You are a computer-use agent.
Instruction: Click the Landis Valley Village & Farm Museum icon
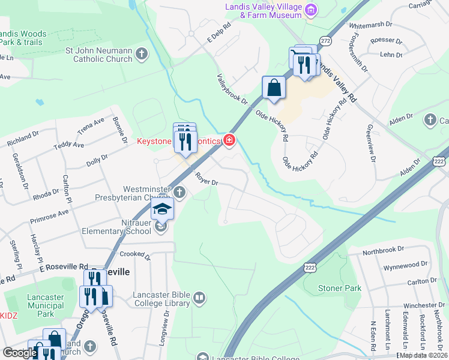(311, 10)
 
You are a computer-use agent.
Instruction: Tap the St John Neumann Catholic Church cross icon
(142, 55)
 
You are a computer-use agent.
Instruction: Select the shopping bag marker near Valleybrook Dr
(274, 88)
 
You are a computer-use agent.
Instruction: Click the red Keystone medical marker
(229, 141)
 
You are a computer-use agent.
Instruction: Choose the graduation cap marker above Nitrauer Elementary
(161, 209)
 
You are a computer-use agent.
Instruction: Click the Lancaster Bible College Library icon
(200, 297)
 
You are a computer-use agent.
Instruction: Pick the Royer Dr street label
(205, 179)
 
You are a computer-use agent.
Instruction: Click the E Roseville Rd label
(63, 267)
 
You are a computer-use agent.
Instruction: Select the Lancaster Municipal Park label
(46, 305)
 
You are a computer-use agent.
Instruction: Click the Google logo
(19, 353)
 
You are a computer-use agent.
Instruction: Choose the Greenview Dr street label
(371, 145)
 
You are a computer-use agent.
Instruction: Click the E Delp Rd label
(219, 34)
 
